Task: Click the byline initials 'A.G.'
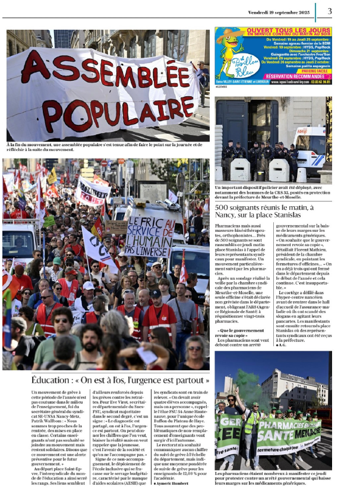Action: (x=282, y=361)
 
